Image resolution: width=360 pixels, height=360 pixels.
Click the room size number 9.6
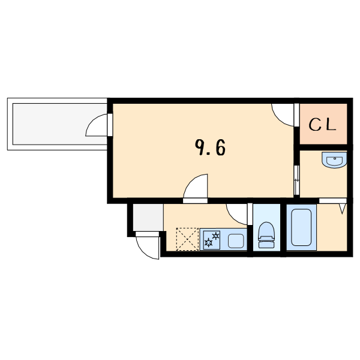pos(210,148)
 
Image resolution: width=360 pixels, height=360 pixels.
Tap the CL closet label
pos(322,125)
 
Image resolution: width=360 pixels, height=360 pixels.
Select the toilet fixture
pos(266,235)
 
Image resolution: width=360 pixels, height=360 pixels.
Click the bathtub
pos(301,227)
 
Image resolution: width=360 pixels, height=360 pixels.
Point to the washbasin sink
pos(334,160)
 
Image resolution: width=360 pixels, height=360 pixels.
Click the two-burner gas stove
pos(212,240)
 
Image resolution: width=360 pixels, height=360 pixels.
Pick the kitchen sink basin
pos(236,241)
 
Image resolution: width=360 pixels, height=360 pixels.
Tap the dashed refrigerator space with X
pos(187,239)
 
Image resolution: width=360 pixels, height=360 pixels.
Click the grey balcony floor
pos(59,124)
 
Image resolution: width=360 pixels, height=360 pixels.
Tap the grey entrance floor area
pos(148,217)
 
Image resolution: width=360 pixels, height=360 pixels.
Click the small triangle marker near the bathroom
pos(343,208)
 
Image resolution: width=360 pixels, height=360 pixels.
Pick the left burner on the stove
pos(208,242)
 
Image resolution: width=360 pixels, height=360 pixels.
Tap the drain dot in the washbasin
pos(335,158)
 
